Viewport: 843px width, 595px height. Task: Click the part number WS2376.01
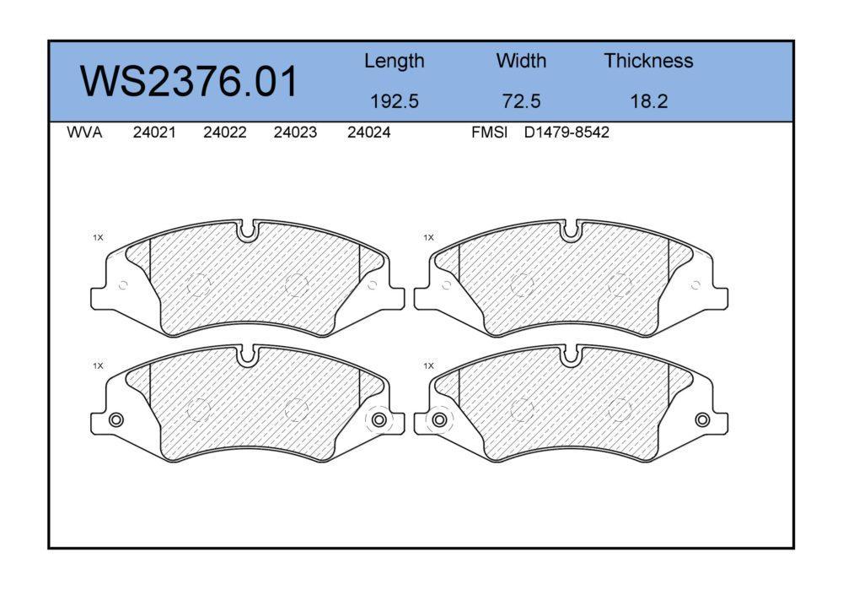coord(189,81)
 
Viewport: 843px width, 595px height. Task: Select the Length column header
coord(394,62)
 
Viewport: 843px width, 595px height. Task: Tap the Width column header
coord(521,60)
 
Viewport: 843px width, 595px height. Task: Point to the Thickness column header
coord(648,60)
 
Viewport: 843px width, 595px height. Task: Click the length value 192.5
coord(394,101)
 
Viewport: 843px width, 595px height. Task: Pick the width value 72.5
coord(521,101)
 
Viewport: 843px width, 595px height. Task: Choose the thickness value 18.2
coord(648,101)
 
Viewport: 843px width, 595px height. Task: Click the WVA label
coord(84,133)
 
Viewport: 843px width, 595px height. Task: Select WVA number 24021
coord(154,133)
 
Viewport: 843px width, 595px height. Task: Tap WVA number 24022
coord(225,133)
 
